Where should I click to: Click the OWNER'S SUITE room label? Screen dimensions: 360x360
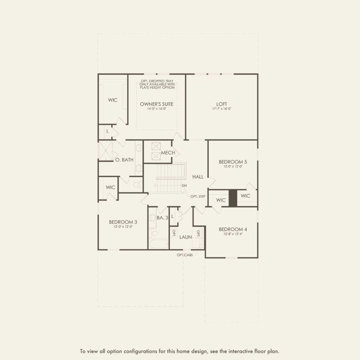(157, 104)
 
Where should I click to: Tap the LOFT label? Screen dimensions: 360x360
(222, 104)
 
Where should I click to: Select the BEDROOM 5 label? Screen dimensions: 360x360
(233, 161)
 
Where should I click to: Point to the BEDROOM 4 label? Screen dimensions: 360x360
(233, 229)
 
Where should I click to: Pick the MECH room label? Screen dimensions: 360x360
(168, 153)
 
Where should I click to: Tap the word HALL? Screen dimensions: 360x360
(198, 177)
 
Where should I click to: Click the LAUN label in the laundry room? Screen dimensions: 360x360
(186, 237)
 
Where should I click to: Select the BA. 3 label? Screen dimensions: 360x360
(162, 218)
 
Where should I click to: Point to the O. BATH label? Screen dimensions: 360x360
(124, 160)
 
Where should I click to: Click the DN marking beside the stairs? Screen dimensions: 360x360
(184, 186)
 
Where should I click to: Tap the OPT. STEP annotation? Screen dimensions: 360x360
(198, 197)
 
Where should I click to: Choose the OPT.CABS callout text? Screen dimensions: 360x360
(185, 255)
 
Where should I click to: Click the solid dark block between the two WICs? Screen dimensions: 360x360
(233, 198)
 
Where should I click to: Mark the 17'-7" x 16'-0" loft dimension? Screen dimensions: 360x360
(222, 109)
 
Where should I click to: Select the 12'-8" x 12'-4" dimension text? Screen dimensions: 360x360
(233, 234)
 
